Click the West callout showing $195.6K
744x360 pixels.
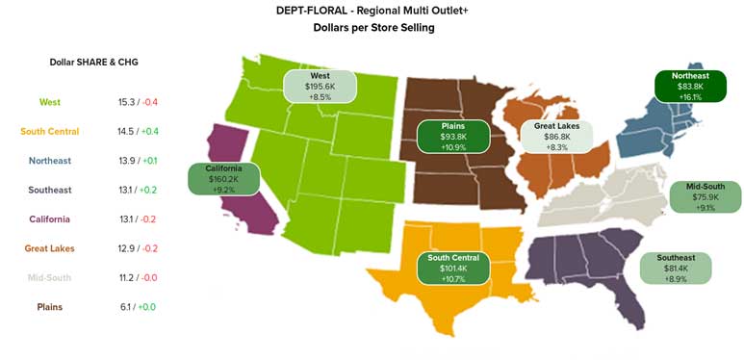tap(321, 86)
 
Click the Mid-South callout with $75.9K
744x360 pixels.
tap(706, 196)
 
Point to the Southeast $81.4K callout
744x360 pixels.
tap(676, 268)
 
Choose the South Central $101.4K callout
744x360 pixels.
tap(453, 268)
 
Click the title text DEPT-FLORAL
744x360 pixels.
tap(328, 11)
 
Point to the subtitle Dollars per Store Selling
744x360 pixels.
tap(373, 28)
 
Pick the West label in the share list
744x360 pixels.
tap(50, 102)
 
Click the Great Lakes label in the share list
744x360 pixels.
tap(50, 248)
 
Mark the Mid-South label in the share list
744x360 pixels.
tap(50, 278)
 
